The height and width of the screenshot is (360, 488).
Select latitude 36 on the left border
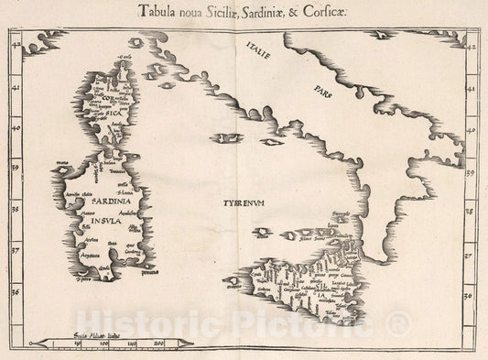pos(14,291)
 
